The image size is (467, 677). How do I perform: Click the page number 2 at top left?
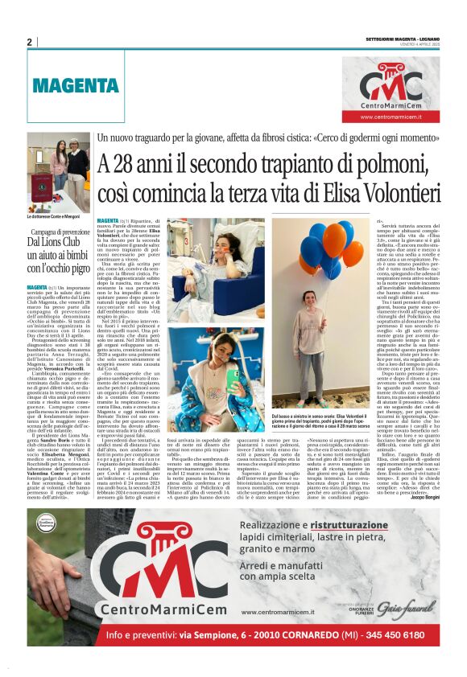[29, 43]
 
